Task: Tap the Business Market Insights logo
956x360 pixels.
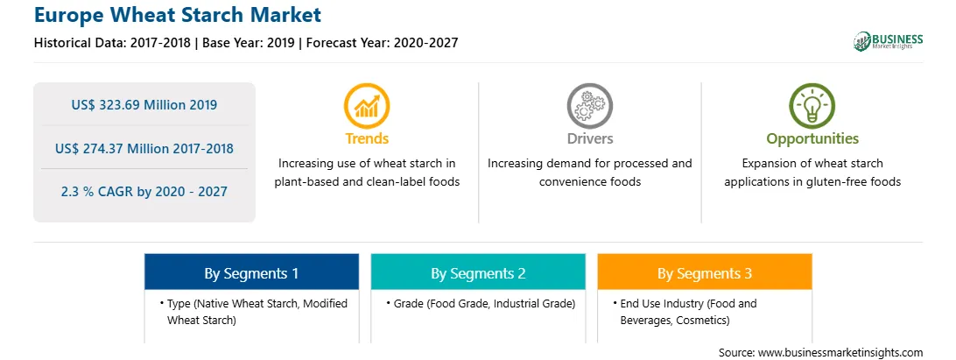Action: pyautogui.click(x=888, y=41)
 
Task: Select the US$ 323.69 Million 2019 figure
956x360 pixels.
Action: pyautogui.click(x=144, y=104)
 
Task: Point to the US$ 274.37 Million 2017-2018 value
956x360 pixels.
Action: pyautogui.click(x=144, y=148)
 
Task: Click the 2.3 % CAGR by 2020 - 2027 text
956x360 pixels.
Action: pyautogui.click(x=144, y=192)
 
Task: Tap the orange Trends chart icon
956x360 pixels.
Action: pyautogui.click(x=367, y=106)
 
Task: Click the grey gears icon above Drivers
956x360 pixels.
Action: pyautogui.click(x=589, y=106)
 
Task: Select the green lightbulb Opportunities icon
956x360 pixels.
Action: pyautogui.click(x=812, y=106)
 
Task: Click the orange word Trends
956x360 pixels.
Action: pyautogui.click(x=367, y=138)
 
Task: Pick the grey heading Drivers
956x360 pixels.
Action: pyautogui.click(x=589, y=138)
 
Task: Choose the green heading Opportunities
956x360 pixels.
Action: pyautogui.click(x=812, y=139)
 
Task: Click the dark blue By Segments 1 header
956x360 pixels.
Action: pyautogui.click(x=252, y=272)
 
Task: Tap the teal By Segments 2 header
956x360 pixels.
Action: pyautogui.click(x=478, y=272)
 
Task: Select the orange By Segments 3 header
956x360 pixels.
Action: pyautogui.click(x=705, y=272)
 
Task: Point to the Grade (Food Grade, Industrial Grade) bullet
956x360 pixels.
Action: pyautogui.click(x=481, y=303)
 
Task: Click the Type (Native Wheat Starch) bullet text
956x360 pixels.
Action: pyautogui.click(x=254, y=311)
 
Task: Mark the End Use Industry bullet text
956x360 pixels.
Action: pyautogui.click(x=685, y=311)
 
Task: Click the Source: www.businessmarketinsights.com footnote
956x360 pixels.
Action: pyautogui.click(x=820, y=352)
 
